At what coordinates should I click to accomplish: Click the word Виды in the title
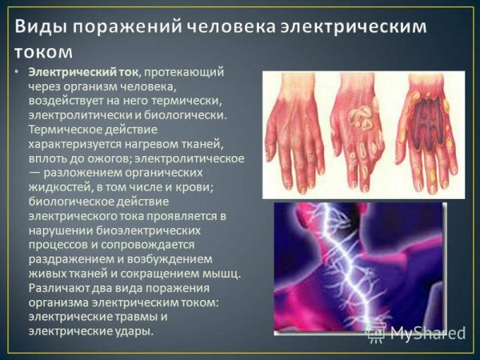[40, 26]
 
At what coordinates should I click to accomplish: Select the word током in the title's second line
[43, 52]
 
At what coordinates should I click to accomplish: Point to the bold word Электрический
[72, 72]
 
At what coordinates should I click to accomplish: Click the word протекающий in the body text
[182, 73]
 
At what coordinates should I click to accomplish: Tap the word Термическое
[65, 130]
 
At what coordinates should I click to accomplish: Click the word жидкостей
[61, 187]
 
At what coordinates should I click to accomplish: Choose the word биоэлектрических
[149, 230]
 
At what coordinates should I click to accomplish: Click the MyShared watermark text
[428, 333]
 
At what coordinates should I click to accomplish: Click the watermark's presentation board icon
[377, 333]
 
